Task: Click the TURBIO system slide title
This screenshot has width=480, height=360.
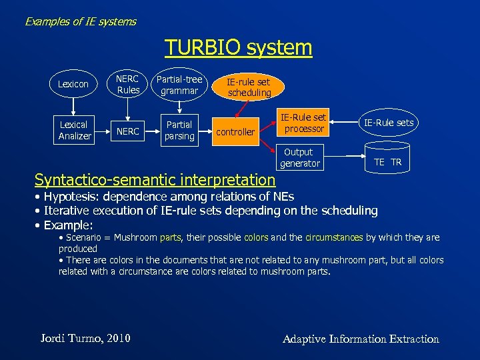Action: [x=238, y=47]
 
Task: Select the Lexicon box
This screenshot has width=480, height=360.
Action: [x=73, y=84]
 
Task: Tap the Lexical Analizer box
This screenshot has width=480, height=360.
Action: [x=75, y=130]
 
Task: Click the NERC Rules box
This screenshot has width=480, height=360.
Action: [x=128, y=84]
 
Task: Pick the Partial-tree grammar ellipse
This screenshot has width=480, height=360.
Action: [x=179, y=85]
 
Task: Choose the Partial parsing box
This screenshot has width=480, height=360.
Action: [x=179, y=130]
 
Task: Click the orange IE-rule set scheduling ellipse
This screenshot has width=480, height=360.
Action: [x=249, y=87]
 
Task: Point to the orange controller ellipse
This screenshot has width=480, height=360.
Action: [x=236, y=132]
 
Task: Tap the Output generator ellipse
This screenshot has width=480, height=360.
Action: [x=299, y=157]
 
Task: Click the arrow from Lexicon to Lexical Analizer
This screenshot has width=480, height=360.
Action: [x=73, y=105]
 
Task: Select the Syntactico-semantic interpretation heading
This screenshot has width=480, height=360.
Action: [x=155, y=179]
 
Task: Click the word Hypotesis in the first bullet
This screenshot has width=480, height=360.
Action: [x=70, y=196]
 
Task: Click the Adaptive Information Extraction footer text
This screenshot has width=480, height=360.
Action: [x=361, y=339]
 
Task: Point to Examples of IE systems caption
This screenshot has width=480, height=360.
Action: [x=81, y=21]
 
